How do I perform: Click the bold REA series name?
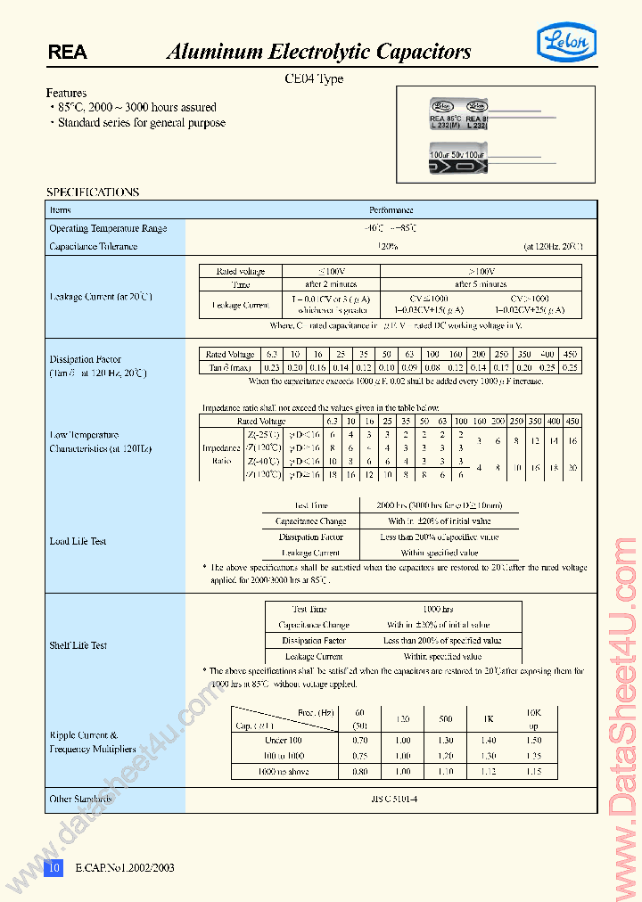[x=68, y=53]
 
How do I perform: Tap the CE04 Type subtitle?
[x=313, y=78]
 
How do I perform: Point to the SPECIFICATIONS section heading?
[x=93, y=192]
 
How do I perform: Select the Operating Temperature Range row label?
[x=108, y=229]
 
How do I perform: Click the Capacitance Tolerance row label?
[x=94, y=246]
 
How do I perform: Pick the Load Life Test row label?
[x=78, y=540]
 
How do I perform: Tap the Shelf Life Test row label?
[x=78, y=645]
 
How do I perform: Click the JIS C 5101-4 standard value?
[x=392, y=799]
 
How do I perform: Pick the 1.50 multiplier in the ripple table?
[x=534, y=740]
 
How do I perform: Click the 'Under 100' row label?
[x=284, y=740]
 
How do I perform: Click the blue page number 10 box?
[x=54, y=867]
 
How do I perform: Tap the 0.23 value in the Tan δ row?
[x=272, y=367]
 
